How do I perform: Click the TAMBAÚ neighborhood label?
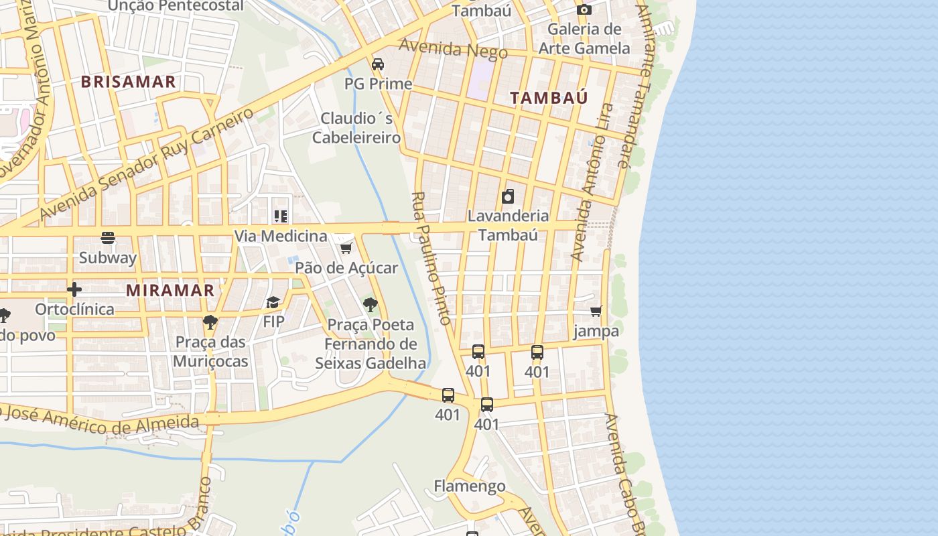[549, 98]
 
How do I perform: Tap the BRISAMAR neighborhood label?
[128, 82]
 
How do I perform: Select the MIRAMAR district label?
[170, 290]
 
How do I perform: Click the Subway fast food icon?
[108, 238]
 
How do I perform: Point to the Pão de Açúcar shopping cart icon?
[346, 249]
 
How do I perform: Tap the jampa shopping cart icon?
[596, 311]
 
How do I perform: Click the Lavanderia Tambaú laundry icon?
[508, 196]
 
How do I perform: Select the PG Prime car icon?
[378, 64]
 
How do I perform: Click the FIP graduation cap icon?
[273, 302]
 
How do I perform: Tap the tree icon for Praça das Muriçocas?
[210, 322]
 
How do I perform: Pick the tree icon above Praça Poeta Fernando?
[370, 305]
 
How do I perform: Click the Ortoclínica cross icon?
[74, 289]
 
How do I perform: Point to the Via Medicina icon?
[280, 216]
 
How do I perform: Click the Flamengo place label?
[469, 486]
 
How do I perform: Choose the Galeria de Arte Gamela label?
[584, 38]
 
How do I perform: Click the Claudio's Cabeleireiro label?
[356, 128]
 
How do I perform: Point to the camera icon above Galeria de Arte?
[584, 9]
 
